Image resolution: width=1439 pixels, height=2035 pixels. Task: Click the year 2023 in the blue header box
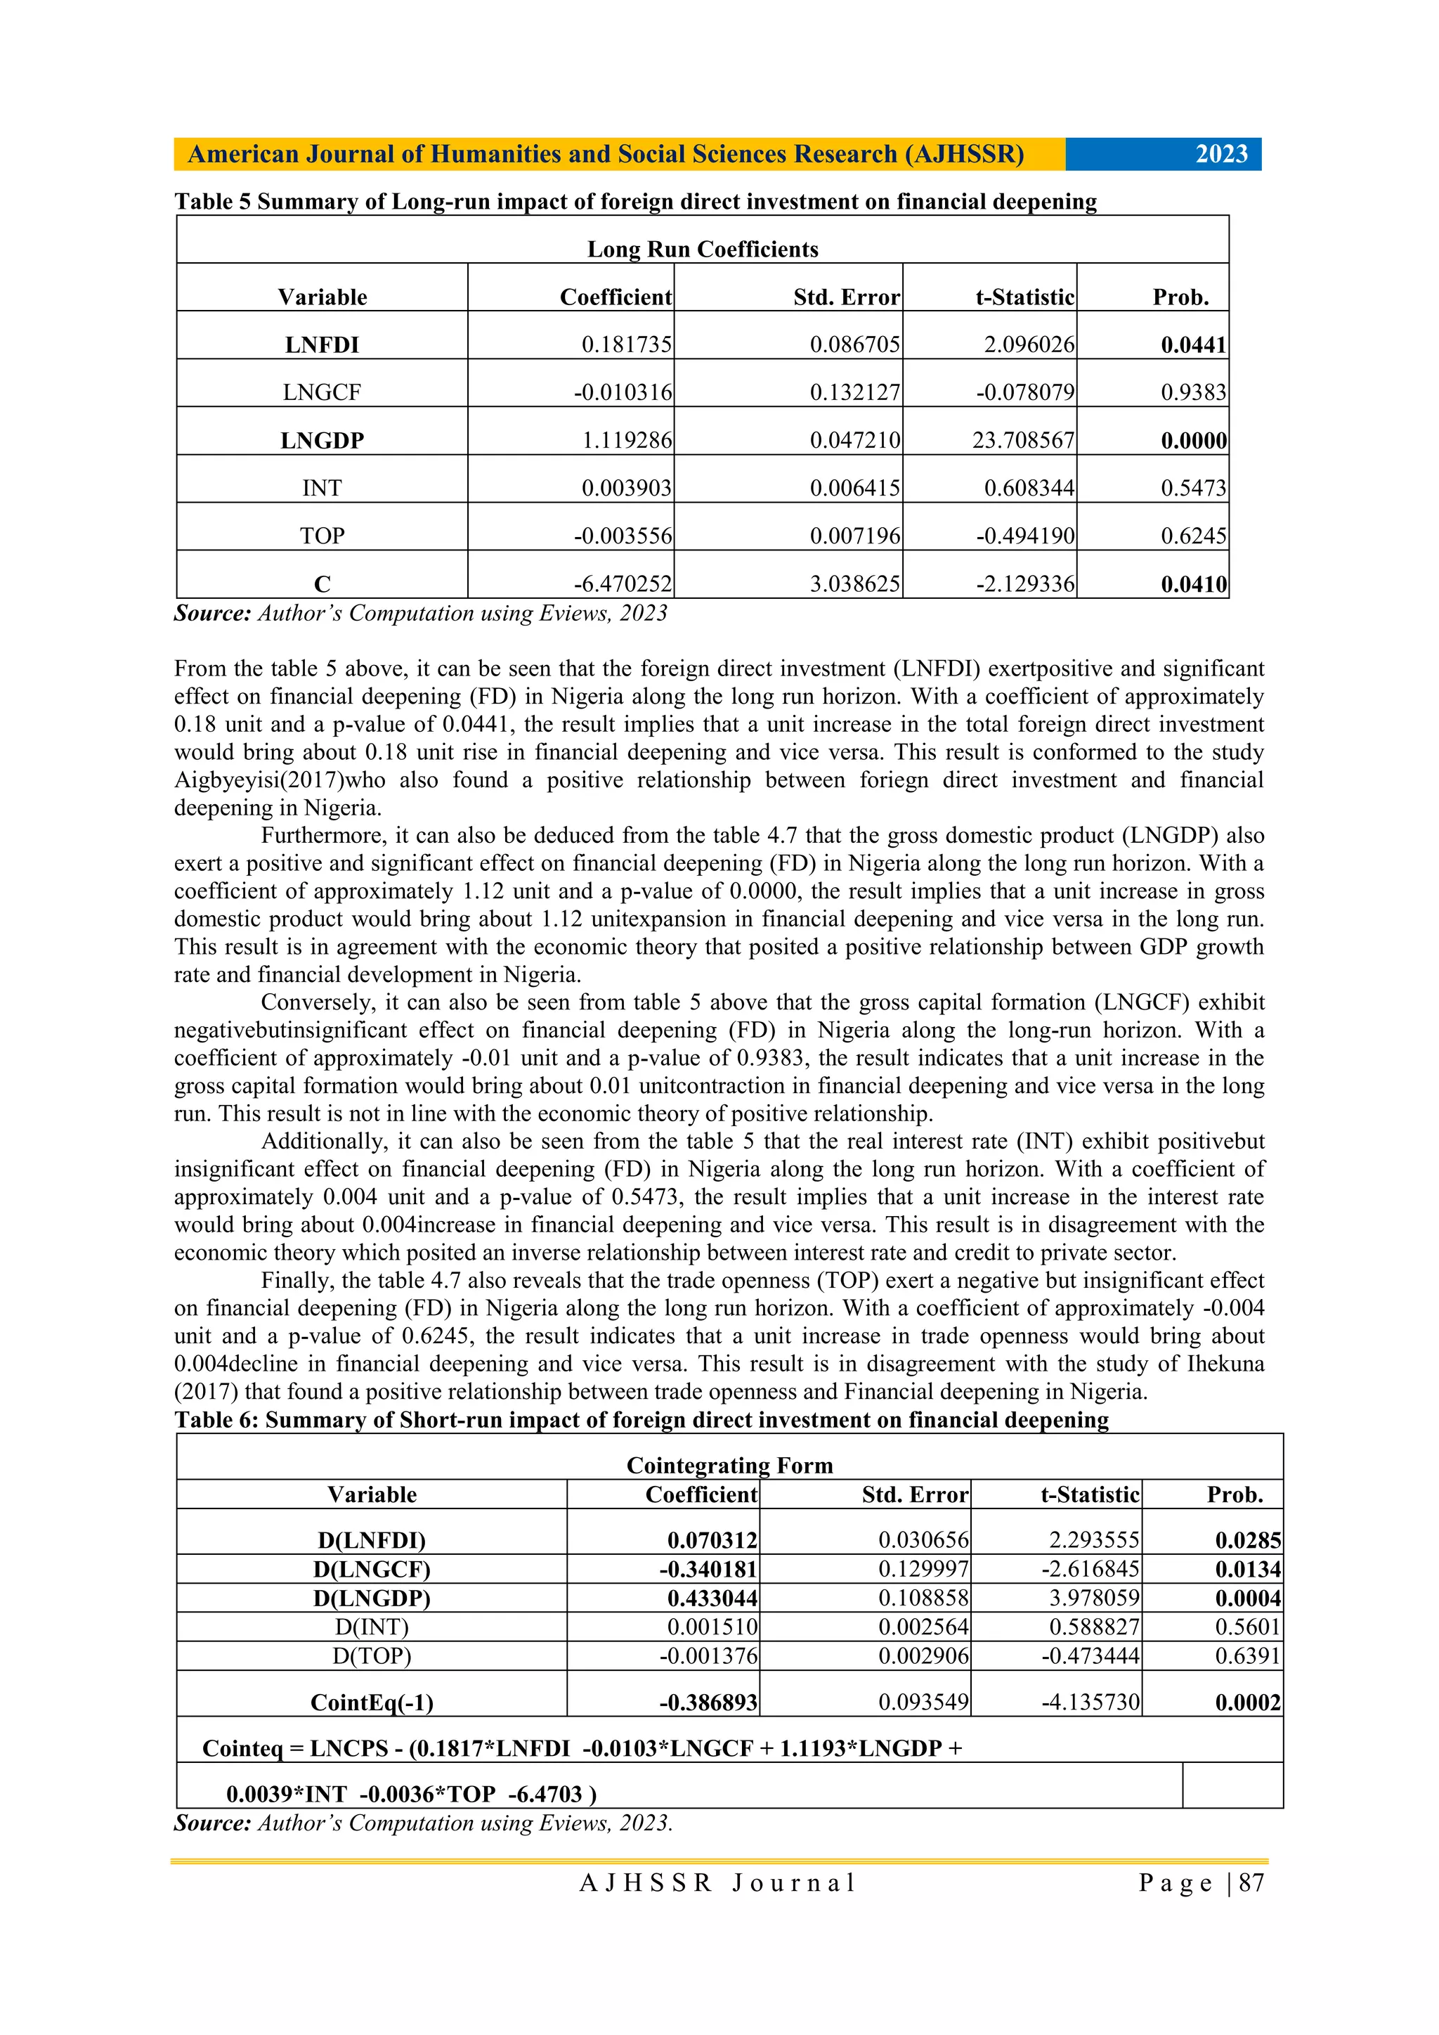tap(1221, 154)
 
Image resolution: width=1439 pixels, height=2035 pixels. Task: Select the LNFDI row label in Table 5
tap(322, 344)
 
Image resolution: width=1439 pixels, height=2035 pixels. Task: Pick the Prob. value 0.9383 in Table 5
tap(1194, 393)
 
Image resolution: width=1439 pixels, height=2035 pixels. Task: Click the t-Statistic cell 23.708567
tap(1022, 441)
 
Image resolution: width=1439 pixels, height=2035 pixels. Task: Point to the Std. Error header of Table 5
tap(846, 297)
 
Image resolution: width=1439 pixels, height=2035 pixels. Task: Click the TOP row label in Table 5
tap(322, 536)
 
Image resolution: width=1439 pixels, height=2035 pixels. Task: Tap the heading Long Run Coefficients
tap(702, 249)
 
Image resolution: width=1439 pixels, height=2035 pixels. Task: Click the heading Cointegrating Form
tap(729, 1465)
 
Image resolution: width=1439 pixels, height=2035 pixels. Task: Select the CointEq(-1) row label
tap(371, 1702)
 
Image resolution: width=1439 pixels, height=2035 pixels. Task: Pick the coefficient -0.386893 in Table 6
tap(707, 1702)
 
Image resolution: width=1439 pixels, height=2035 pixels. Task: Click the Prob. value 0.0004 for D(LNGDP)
tap(1248, 1598)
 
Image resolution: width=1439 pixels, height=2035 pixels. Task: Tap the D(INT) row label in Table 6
tap(371, 1627)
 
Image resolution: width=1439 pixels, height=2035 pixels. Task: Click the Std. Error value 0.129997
tap(923, 1569)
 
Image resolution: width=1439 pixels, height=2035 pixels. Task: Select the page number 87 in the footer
tap(1251, 1882)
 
